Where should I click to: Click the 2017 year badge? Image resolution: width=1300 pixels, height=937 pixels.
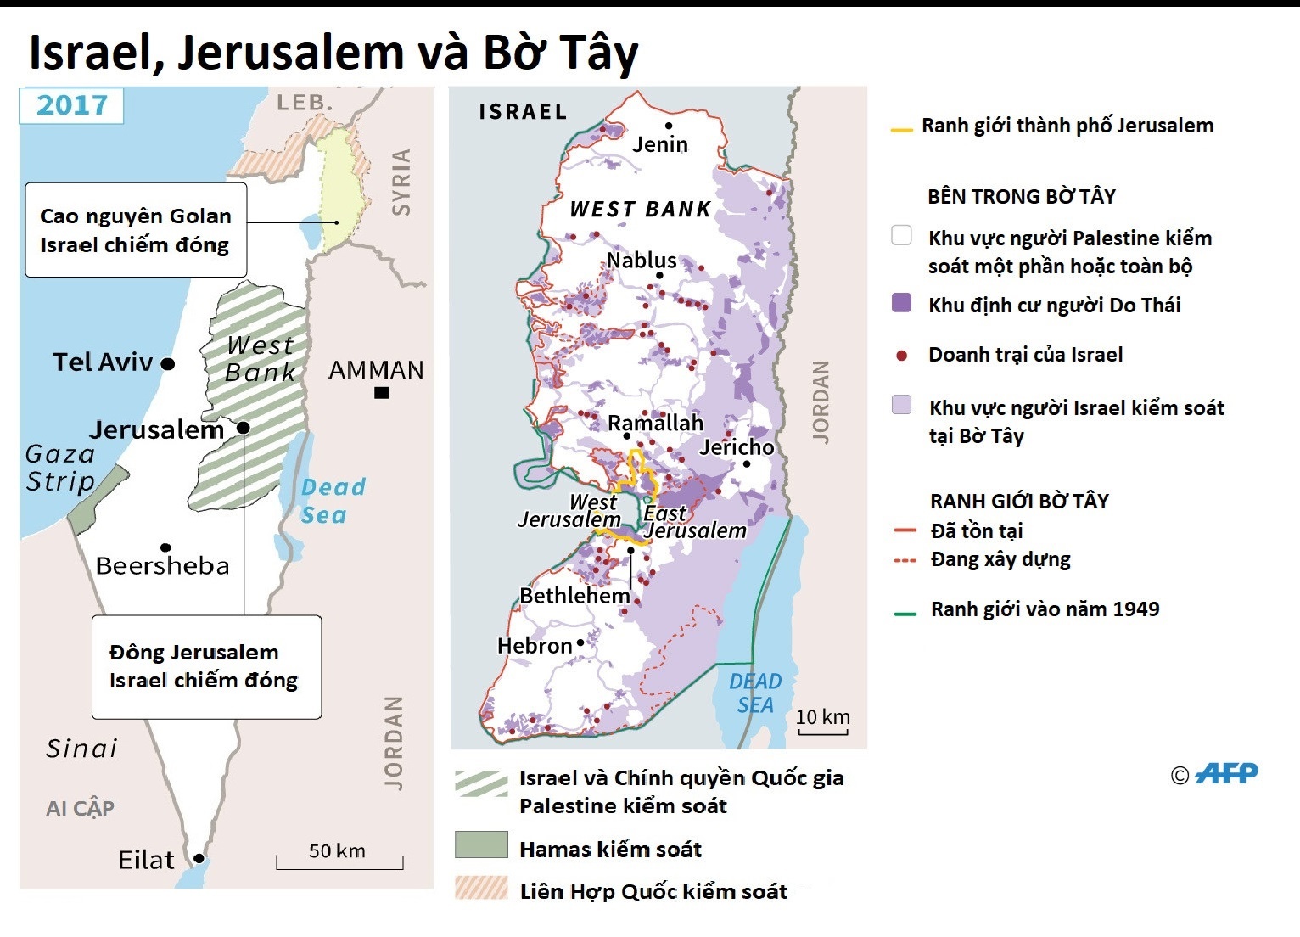pos(72,105)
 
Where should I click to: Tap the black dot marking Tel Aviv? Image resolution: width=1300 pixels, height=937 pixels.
pos(168,364)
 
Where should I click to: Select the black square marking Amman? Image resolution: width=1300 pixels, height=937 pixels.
pos(382,392)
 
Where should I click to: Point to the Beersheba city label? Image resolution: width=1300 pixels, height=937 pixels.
pos(162,566)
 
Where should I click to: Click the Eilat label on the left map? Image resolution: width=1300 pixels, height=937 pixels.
pos(146,861)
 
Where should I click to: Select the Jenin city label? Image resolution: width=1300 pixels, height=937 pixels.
pos(659,144)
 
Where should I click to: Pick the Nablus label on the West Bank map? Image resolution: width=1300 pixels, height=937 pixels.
pos(642,260)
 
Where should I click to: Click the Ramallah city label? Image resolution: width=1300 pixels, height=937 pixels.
pos(655,423)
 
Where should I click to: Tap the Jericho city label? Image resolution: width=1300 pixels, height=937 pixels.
pos(737,447)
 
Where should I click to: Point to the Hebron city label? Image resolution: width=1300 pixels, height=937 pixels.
pos(535,646)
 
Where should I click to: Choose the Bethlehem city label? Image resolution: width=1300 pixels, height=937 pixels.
pos(574,596)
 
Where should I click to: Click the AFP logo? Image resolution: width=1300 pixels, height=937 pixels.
pos(1225,773)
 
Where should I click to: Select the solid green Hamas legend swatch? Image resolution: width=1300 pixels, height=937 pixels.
pos(481,845)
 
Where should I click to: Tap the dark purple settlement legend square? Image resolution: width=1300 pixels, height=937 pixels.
pos(902,303)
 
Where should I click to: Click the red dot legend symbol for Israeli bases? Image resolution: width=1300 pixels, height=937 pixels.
pos(902,356)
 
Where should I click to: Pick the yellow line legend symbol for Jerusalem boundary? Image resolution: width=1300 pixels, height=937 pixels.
pos(901,130)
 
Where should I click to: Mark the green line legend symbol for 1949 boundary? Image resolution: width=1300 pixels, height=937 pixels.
pos(905,613)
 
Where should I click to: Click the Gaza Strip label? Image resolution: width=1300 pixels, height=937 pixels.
pos(60,468)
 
